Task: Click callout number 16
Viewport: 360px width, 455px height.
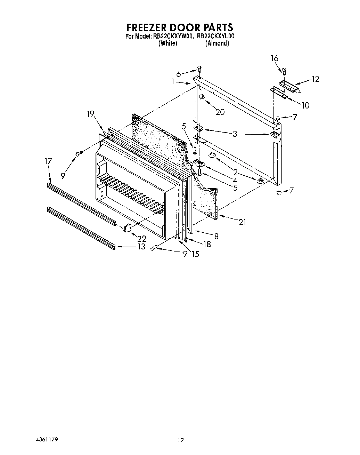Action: (275, 58)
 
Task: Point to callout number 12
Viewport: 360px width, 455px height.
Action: (315, 79)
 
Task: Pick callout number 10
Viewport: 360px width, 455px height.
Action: (305, 105)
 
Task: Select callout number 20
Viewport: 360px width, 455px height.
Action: (220, 112)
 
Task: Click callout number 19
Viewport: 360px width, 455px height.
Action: (91, 114)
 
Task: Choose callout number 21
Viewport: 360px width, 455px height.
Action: (243, 222)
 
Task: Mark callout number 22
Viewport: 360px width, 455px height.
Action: (141, 239)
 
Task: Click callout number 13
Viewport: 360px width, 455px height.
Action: (141, 247)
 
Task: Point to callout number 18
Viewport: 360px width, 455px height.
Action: (207, 244)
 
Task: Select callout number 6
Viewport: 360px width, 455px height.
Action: (179, 74)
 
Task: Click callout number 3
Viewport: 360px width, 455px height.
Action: (235, 134)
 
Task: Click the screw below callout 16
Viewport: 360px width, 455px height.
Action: (284, 71)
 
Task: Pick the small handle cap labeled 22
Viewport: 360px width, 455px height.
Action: (127, 227)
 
